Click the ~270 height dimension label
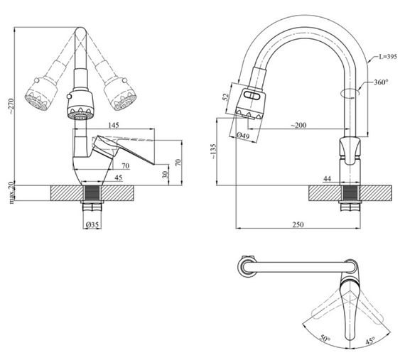(x=11, y=106)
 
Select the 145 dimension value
(x=114, y=125)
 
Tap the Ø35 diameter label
(x=92, y=225)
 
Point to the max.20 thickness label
(x=11, y=192)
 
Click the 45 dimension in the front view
(x=118, y=178)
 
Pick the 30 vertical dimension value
(x=166, y=175)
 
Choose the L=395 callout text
(x=387, y=57)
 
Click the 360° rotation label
(x=382, y=82)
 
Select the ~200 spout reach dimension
(x=298, y=125)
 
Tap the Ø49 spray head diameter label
(x=243, y=136)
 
